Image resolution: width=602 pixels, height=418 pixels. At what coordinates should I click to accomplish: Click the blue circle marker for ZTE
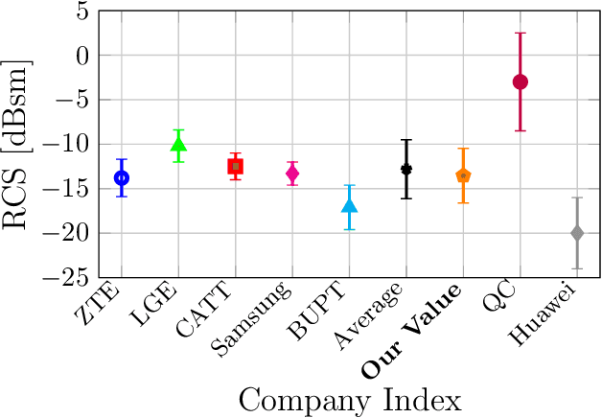122,177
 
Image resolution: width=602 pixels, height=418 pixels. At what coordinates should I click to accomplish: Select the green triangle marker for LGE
178,145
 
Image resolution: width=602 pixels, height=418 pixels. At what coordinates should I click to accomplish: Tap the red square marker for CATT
235,166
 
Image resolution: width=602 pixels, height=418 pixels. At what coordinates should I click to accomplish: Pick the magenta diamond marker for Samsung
292,173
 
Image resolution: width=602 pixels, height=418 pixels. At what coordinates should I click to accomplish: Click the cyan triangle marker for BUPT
349,206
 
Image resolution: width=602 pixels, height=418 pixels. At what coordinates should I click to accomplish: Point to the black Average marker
406,169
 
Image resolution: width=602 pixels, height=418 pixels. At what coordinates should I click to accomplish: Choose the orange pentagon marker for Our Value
463,175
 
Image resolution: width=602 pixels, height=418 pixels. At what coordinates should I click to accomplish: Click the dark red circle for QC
521,81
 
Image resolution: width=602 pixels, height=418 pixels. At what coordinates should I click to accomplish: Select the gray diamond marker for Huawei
577,233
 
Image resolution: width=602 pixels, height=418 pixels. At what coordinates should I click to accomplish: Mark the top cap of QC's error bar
521,34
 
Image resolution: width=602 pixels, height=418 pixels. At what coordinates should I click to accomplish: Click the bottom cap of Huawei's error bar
577,268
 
